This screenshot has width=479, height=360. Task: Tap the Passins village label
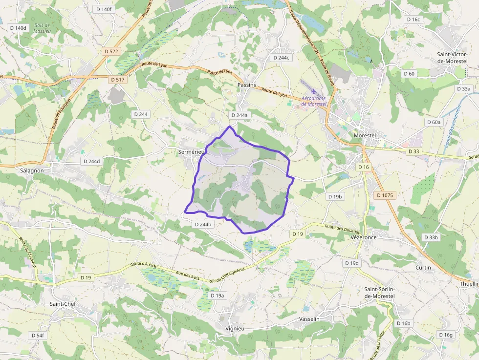(x=246, y=85)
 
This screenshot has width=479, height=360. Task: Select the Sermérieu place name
(x=191, y=152)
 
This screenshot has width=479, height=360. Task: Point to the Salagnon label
(x=32, y=170)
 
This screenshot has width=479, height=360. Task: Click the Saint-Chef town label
(x=62, y=303)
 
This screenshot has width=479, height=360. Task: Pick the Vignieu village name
(x=235, y=328)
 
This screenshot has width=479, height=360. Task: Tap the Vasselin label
(x=309, y=319)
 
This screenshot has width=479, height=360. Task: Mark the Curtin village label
(x=423, y=267)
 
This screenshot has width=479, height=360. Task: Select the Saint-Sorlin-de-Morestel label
(x=379, y=293)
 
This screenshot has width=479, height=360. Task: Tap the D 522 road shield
(x=111, y=51)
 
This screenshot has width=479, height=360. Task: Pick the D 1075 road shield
(x=385, y=195)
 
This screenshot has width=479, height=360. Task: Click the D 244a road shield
(x=239, y=115)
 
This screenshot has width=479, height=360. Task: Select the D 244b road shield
(x=203, y=224)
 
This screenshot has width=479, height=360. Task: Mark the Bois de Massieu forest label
(x=43, y=27)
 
